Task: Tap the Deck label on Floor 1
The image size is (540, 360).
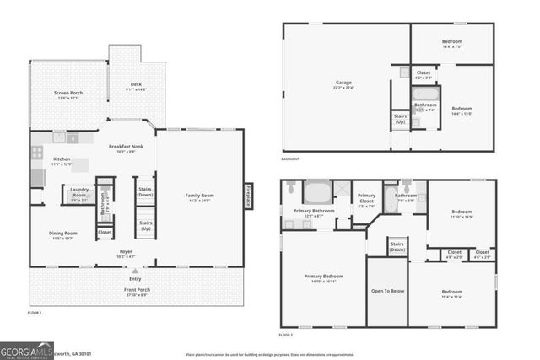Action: coord(136,83)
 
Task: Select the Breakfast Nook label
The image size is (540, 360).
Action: coord(128,147)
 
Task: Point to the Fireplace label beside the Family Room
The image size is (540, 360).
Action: coord(249,196)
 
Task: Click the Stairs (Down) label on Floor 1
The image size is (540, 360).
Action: coord(145,192)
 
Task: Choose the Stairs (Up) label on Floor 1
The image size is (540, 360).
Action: coord(145,225)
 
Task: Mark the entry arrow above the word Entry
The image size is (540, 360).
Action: coord(135,271)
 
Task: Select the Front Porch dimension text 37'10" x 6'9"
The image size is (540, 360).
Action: coord(135,295)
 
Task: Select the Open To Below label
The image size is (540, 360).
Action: coord(387,291)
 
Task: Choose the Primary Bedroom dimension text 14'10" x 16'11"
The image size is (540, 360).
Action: coord(323,282)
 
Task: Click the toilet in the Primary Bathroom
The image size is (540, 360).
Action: coord(290,185)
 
